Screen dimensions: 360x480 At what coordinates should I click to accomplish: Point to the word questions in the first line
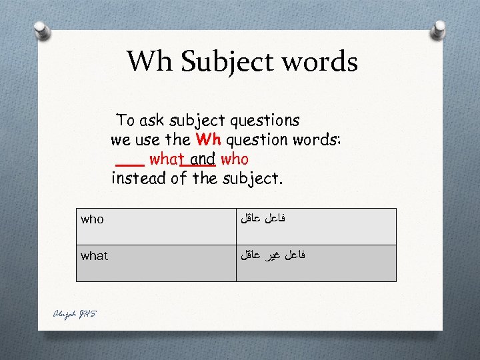click(x=265, y=121)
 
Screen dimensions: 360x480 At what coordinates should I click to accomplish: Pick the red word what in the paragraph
click(x=167, y=159)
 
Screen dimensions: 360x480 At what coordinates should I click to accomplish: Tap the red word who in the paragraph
click(x=234, y=159)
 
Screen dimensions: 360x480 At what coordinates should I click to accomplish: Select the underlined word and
click(x=202, y=159)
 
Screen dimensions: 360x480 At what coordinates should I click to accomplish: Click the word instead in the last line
click(x=137, y=179)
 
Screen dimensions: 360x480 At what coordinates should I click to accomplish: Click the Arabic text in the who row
click(x=267, y=217)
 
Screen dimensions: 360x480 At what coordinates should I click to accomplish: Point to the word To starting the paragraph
click(x=125, y=121)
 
